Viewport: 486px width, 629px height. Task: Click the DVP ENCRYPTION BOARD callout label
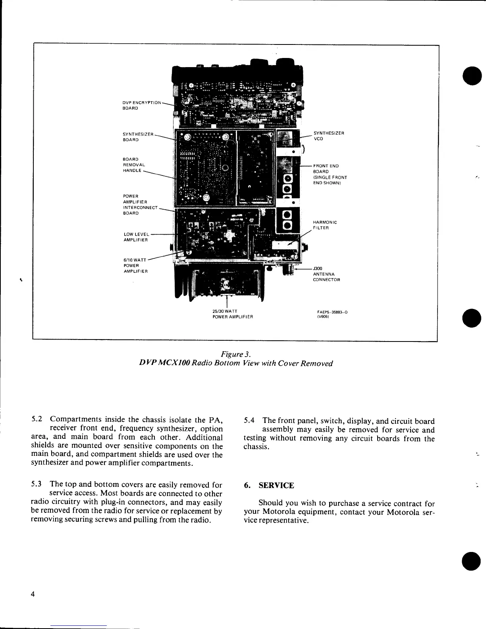pos(142,105)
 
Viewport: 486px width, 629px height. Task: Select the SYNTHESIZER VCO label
pos(328,136)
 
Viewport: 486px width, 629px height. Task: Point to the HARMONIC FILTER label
pos(325,225)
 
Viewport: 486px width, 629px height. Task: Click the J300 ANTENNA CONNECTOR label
pos(326,274)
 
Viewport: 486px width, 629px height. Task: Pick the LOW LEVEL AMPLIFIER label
pos(136,237)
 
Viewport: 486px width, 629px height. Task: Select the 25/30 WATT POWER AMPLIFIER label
pos(231,314)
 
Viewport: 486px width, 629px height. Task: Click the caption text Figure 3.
pos(236,354)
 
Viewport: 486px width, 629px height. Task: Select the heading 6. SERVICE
pos(269,485)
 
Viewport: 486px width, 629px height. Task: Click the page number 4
pos(33,594)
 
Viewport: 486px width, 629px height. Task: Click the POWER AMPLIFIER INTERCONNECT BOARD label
pos(140,205)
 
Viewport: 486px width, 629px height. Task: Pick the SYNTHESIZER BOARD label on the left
pos(138,137)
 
